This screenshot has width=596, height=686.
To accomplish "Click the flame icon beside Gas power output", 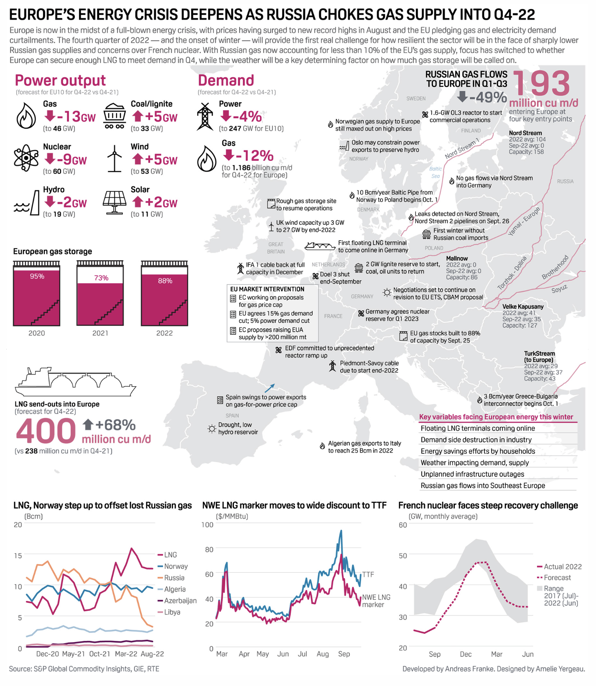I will coord(26,116).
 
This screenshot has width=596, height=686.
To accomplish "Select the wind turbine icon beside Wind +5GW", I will coord(114,158).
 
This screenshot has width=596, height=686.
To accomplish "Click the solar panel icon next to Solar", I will coord(114,202).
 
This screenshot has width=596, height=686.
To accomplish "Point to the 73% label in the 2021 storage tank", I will coord(101,278).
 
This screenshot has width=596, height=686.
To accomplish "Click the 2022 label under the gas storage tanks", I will coord(164,333).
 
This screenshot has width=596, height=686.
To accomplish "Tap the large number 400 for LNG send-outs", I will coord(46,432).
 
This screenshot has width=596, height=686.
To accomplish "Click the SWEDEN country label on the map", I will coord(416,99).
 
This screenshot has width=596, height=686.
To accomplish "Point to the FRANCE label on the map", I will coord(333,316).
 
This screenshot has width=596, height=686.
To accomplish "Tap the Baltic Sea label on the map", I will coord(436,172).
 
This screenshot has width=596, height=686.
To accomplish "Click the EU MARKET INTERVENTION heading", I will coord(267,289).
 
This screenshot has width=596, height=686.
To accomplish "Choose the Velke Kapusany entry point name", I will coord(523,307).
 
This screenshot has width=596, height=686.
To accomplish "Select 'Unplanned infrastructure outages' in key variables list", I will coord(472,474).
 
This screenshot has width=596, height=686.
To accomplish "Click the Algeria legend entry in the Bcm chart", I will coord(175,589).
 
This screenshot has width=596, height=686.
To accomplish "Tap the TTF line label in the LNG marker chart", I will coord(368,574).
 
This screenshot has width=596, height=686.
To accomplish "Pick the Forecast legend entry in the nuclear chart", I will coord(557,578).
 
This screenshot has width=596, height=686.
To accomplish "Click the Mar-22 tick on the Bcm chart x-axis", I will coord(126,654).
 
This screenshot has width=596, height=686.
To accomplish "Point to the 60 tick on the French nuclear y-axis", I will coord(402,525).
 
